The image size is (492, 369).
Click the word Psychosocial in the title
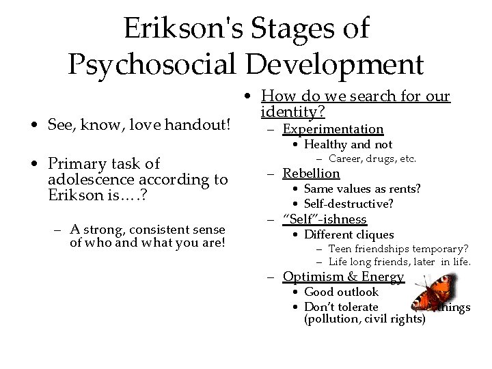(x=152, y=65)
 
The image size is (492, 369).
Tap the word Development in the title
(x=334, y=65)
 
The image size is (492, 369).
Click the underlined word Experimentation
(x=333, y=129)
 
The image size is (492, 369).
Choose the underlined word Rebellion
(x=311, y=174)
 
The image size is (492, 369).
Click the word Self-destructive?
(x=348, y=204)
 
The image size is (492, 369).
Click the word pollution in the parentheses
(x=334, y=319)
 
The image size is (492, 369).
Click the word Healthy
(x=325, y=144)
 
